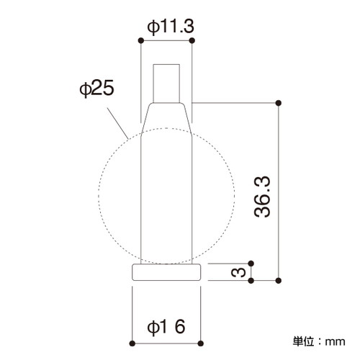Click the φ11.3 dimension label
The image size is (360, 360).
pos(171,27)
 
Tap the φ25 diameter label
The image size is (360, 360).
pos(96,89)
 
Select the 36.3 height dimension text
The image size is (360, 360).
pos(262,197)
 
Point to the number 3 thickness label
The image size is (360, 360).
pos(238,272)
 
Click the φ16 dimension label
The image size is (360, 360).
pos(166,326)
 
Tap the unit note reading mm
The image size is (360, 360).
pos(335,341)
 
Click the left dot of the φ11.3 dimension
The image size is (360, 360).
pos(141,40)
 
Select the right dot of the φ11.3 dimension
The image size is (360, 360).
pos(192,40)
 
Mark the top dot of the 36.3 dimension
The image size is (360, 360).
pos(279,103)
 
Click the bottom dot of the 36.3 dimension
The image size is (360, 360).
pos(279,280)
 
